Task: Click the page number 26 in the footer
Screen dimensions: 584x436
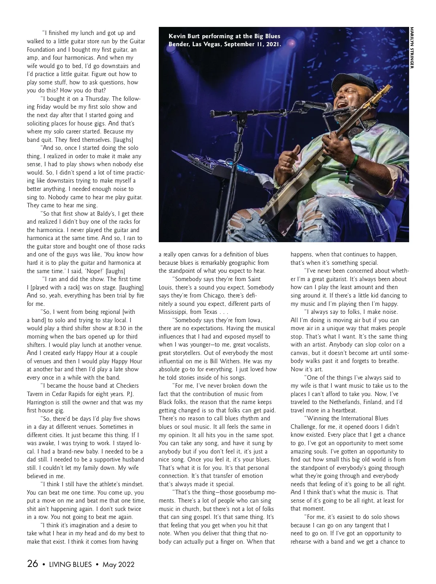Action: tap(32, 564)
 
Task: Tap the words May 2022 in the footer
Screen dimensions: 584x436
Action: tap(118, 564)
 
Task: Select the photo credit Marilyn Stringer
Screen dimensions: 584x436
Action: tap(412, 47)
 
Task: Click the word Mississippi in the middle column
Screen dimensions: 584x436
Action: tap(174, 312)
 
